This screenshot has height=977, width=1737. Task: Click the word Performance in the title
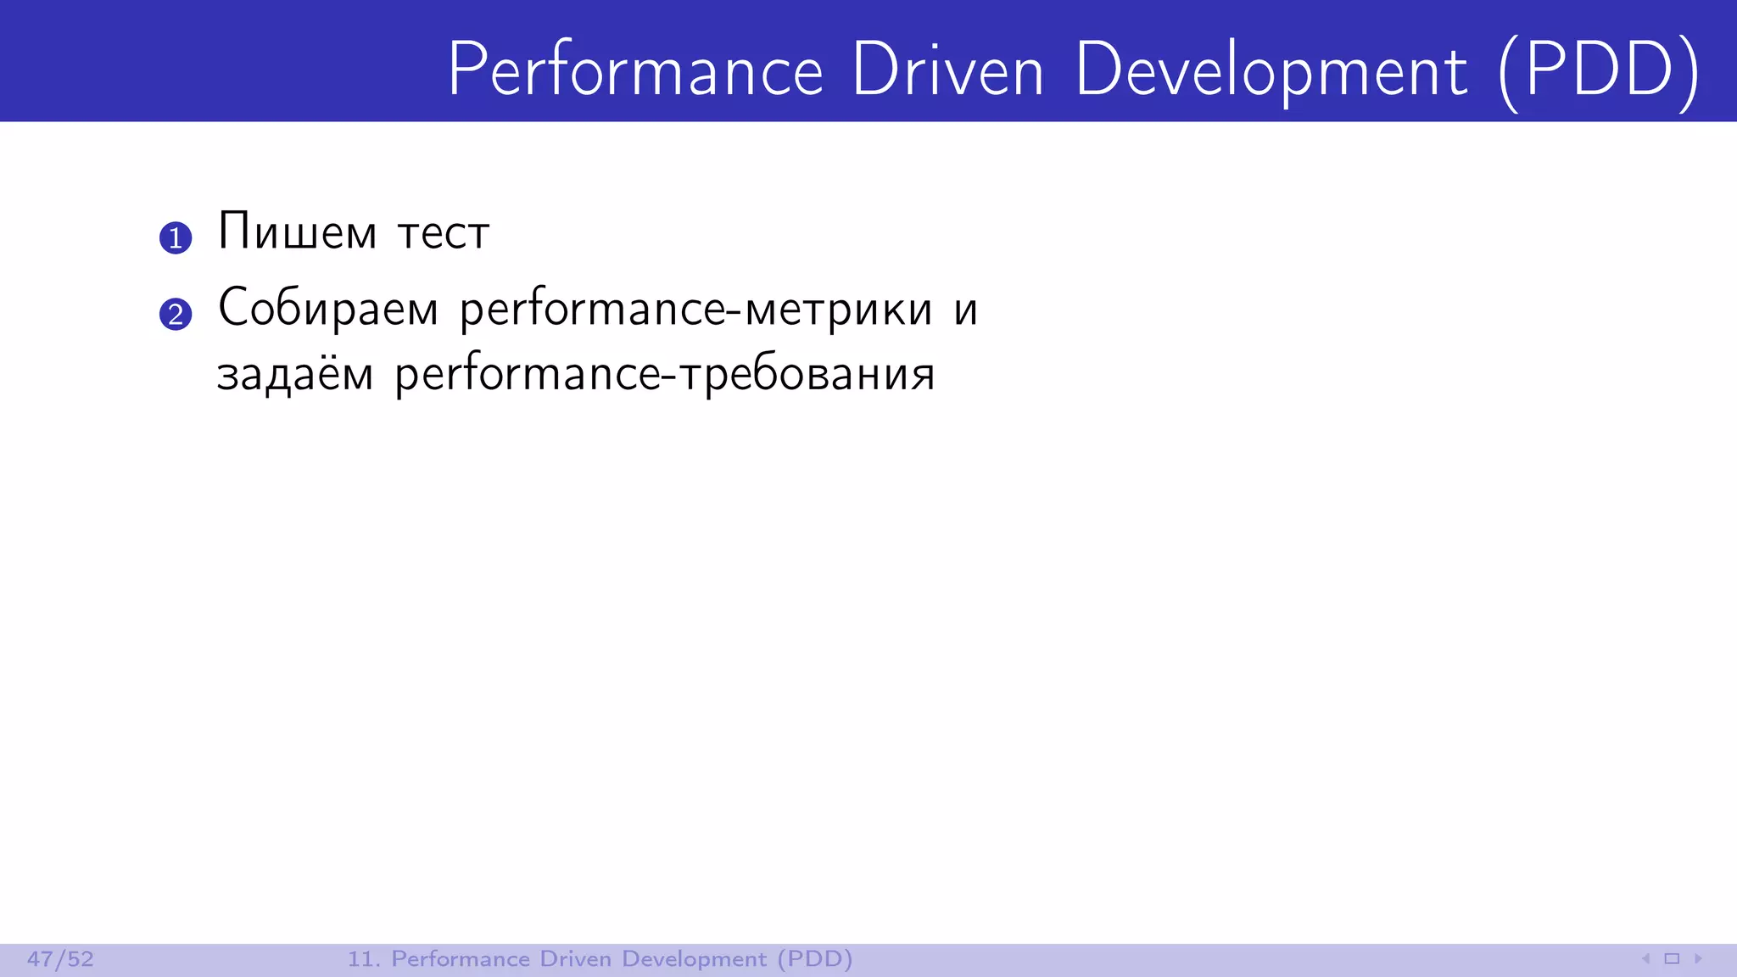635,70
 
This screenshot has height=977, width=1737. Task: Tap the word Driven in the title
947,70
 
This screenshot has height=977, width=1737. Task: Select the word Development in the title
1271,70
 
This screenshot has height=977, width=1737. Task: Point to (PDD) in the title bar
1600,70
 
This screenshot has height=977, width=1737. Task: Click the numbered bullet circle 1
176,238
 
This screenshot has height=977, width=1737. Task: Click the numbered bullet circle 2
176,315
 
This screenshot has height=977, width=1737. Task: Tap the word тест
444,233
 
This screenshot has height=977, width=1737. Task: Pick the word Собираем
328,308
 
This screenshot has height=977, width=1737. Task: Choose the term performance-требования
665,375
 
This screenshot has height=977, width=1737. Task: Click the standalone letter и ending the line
965,310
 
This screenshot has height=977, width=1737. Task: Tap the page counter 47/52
60,959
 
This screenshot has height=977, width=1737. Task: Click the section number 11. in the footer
363,959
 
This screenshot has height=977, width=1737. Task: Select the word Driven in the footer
575,959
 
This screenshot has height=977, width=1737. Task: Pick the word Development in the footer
694,959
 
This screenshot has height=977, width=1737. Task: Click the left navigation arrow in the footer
1645,959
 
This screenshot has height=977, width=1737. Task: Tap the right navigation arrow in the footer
1698,959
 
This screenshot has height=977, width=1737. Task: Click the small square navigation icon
1672,959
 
